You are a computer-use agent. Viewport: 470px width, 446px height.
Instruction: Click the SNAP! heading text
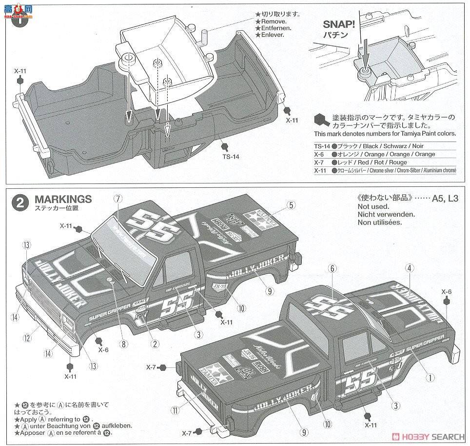click(x=341, y=24)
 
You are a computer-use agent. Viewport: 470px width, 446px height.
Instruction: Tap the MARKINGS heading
click(x=63, y=199)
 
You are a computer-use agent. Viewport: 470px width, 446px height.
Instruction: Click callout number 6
click(x=333, y=268)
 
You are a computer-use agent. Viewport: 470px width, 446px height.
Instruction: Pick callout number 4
click(x=410, y=267)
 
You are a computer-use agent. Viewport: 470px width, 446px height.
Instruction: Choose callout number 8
click(x=124, y=344)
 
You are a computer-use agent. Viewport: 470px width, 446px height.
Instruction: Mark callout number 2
click(x=155, y=344)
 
